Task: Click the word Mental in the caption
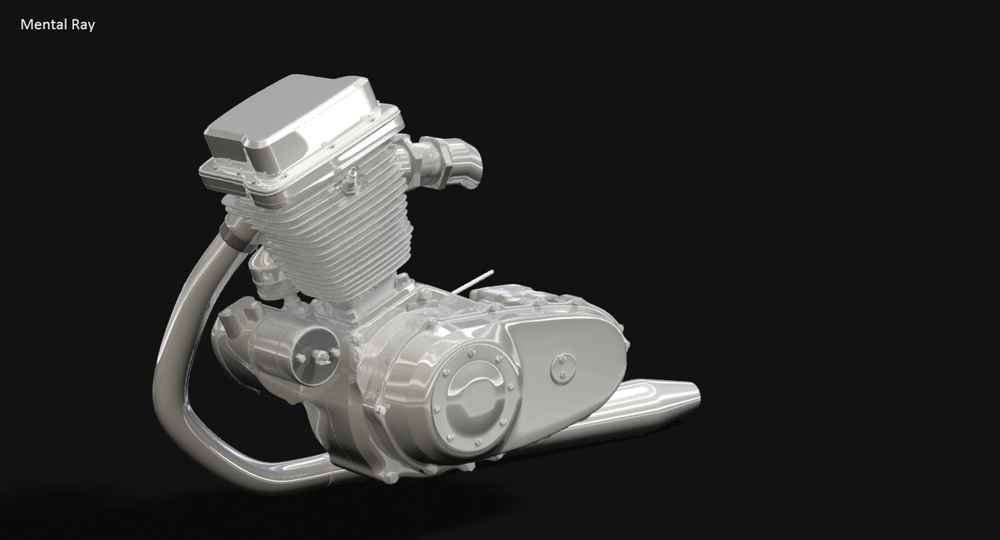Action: click(x=43, y=24)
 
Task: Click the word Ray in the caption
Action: click(x=83, y=25)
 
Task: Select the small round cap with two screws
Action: click(x=562, y=367)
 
